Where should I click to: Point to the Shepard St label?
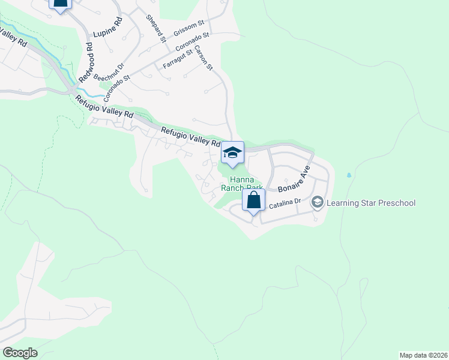click(x=155, y=28)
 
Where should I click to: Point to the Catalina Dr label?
click(x=283, y=205)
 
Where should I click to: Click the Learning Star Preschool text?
click(x=370, y=203)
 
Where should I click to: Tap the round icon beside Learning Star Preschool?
click(x=317, y=203)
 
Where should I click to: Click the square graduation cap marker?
click(x=232, y=152)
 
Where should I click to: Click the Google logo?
click(x=20, y=353)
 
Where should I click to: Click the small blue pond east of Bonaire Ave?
click(x=349, y=176)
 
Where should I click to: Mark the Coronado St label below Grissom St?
click(x=191, y=42)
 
